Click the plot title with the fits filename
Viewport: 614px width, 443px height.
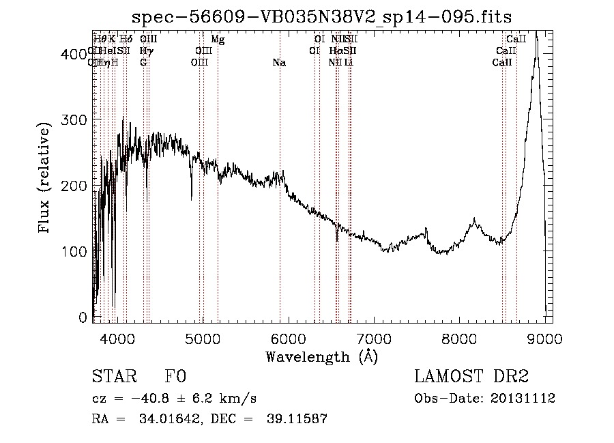tap(322, 16)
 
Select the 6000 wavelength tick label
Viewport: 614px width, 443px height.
tap(288, 337)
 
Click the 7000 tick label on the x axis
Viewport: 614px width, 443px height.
tap(374, 337)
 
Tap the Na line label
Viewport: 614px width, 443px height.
tap(279, 63)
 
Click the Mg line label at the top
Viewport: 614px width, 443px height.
tap(218, 40)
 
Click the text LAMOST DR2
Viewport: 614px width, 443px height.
tap(471, 377)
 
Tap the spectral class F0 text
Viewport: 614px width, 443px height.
tap(175, 377)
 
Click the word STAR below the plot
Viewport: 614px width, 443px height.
tap(114, 377)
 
